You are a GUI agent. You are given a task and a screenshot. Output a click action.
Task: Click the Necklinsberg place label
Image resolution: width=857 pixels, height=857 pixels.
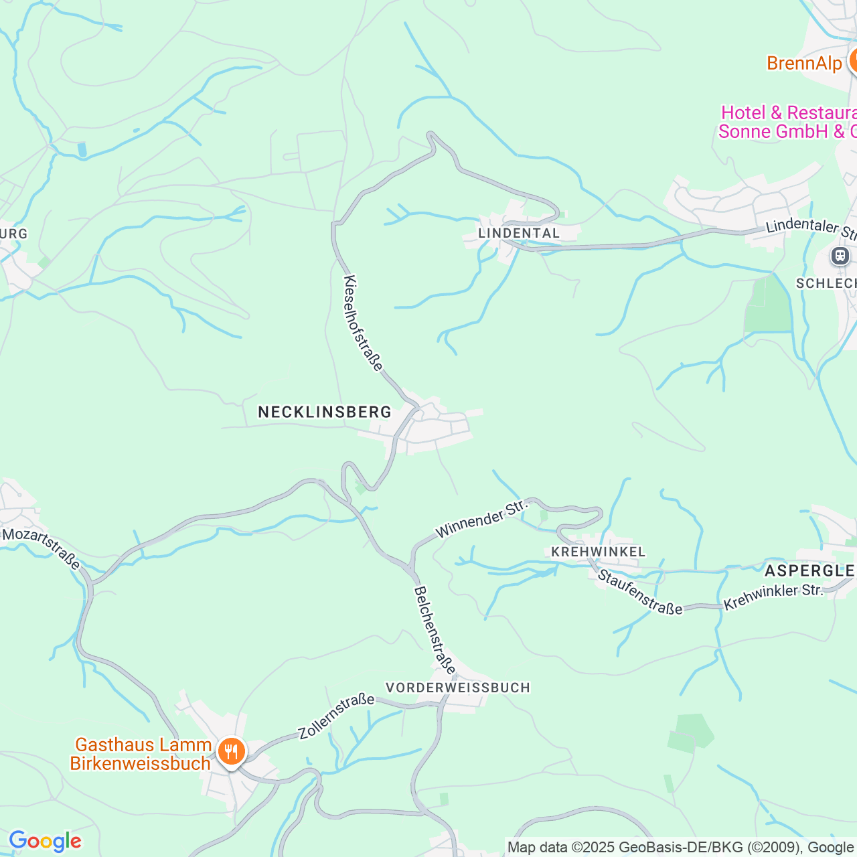325,412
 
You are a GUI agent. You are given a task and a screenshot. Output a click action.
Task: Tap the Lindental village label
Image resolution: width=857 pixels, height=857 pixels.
519,233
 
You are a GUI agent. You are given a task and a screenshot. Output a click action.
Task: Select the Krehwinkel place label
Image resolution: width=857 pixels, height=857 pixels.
598,552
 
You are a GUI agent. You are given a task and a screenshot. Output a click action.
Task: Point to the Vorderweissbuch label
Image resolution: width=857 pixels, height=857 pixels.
458,688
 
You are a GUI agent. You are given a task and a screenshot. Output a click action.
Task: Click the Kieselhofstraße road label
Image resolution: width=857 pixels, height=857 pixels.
363,323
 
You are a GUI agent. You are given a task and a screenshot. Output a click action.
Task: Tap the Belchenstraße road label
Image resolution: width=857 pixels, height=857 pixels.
435,630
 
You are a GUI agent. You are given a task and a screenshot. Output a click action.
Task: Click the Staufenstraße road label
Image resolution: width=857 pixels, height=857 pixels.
639,592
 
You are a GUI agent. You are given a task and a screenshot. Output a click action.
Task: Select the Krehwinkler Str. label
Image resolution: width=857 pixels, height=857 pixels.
773,597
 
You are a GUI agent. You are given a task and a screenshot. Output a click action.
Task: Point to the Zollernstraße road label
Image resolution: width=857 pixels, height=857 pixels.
336,716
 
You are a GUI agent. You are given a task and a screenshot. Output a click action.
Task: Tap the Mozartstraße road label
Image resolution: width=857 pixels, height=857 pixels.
42,548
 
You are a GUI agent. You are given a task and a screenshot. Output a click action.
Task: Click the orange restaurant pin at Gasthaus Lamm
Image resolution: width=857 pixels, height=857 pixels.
231,751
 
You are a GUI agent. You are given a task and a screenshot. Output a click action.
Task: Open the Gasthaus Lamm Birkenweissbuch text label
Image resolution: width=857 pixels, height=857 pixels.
141,754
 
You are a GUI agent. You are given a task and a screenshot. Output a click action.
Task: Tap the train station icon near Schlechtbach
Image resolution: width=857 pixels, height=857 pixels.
840,256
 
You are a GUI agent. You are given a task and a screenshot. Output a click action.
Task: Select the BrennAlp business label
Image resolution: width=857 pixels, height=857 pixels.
804,64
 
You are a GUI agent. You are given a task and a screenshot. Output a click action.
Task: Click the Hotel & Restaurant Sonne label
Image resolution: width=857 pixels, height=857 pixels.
787,122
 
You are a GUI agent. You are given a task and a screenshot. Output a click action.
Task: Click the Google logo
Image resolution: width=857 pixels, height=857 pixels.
45,841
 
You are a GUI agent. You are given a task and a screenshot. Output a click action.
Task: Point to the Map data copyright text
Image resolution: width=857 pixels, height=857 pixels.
680,848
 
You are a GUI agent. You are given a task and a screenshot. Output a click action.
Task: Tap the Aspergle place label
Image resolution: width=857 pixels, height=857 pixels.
809,570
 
